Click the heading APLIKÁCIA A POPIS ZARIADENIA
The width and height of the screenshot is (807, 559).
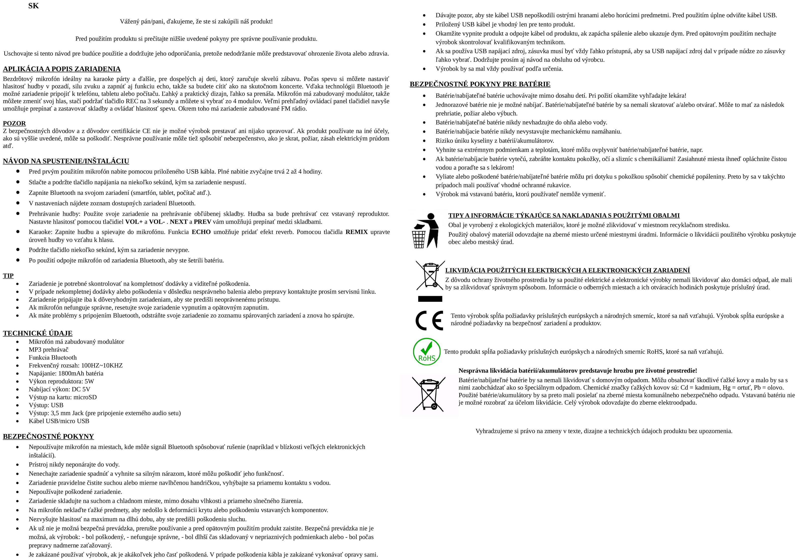click(62, 69)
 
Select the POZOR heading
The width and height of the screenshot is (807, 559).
click(14, 123)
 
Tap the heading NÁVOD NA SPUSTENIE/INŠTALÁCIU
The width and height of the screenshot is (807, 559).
click(66, 161)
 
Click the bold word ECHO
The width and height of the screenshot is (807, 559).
click(201, 232)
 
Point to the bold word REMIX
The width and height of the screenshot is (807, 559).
click(356, 232)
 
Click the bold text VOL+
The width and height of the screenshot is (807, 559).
click(134, 222)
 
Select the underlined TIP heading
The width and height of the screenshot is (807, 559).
click(8, 276)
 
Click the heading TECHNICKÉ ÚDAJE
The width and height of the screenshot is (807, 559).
click(37, 333)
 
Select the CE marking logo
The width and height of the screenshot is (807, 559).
click(429, 321)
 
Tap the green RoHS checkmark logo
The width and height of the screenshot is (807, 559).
click(427, 352)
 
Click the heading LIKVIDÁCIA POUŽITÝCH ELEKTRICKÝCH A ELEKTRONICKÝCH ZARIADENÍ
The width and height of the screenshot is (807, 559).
click(567, 270)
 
